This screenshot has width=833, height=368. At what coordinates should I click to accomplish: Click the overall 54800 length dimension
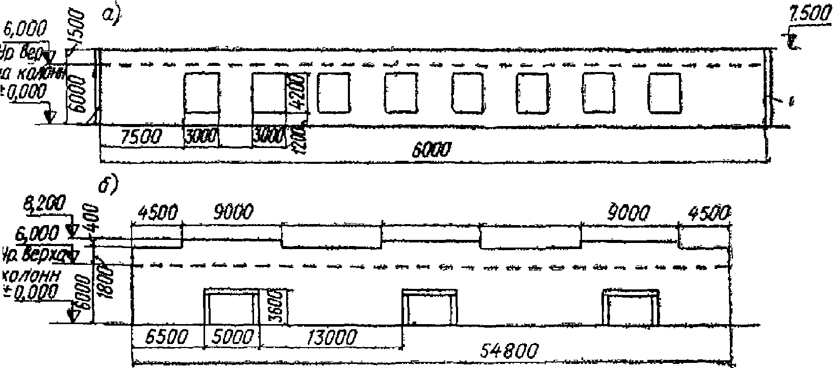point(509,351)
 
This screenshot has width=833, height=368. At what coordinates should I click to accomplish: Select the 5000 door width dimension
point(232,337)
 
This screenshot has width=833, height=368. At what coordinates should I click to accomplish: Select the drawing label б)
point(109,184)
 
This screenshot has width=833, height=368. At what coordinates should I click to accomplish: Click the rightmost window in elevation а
point(664,92)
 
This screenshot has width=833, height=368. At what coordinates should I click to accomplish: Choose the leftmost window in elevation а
point(201,92)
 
